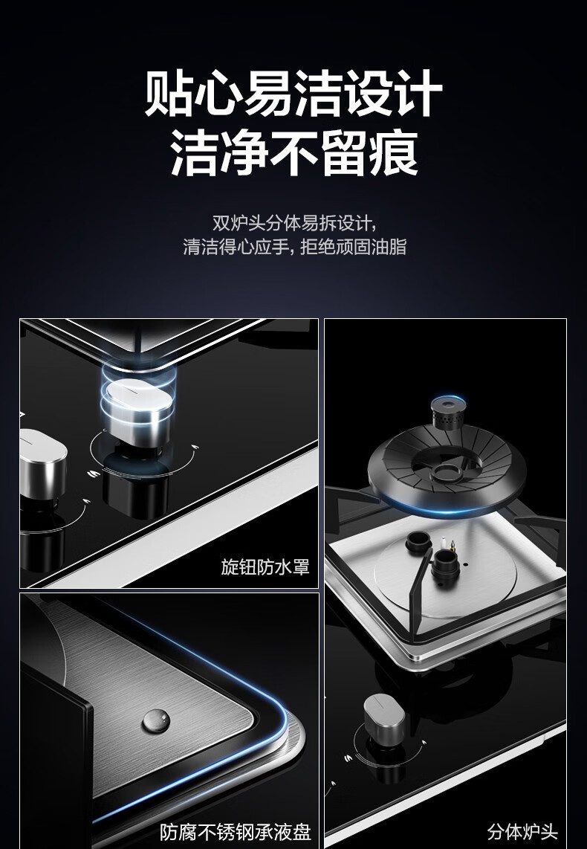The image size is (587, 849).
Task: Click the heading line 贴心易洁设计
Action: pyautogui.click(x=293, y=93)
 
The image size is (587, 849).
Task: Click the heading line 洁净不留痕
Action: pyautogui.click(x=294, y=153)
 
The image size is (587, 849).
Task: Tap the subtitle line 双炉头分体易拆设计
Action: pyautogui.click(x=293, y=223)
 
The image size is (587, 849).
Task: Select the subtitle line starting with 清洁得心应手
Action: pyautogui.click(x=294, y=247)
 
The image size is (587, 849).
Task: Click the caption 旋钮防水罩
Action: pyautogui.click(x=265, y=567)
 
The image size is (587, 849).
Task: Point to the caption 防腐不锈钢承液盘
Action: pyautogui.click(x=236, y=832)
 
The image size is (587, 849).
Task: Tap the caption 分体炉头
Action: pyautogui.click(x=522, y=832)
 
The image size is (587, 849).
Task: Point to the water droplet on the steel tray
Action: pyautogui.click(x=156, y=720)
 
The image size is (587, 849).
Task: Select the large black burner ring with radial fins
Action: pyautogui.click(x=447, y=468)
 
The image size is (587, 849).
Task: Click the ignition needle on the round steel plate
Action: pyautogui.click(x=447, y=544)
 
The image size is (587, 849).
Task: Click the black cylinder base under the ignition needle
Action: pyautogui.click(x=447, y=569)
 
